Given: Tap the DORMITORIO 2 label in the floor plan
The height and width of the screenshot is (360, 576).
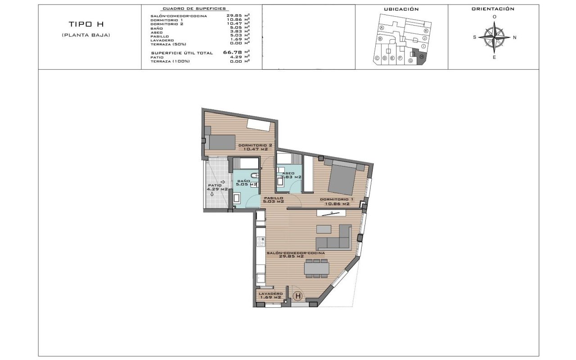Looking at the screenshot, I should click(x=255, y=147).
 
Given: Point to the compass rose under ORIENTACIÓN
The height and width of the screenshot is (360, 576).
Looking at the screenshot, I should click(x=494, y=37).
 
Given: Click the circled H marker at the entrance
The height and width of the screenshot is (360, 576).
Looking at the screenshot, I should click(x=297, y=296).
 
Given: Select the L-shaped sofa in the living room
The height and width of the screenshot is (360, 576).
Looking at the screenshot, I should click(x=333, y=238).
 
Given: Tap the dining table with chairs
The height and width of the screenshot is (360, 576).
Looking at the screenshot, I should click(x=317, y=268).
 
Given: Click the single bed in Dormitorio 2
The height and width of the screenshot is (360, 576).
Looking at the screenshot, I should click(x=219, y=142).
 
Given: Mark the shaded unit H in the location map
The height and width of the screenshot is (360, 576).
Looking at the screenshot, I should click(x=422, y=57).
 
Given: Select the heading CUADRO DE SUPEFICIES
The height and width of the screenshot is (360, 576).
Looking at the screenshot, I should click(x=194, y=9).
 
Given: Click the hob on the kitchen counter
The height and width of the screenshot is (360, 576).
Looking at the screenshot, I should click(x=261, y=241).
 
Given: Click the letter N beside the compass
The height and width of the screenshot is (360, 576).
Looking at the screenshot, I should click(x=514, y=37).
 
